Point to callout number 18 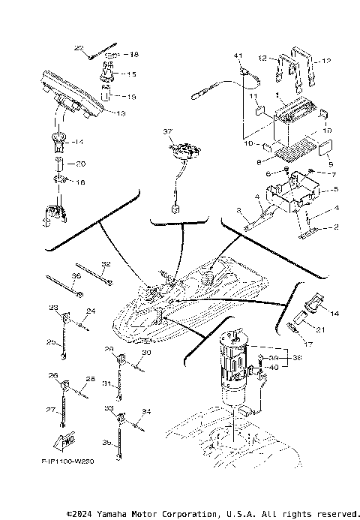[x=135, y=55]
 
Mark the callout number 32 [x=106, y=264]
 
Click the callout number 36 [x=75, y=275]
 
